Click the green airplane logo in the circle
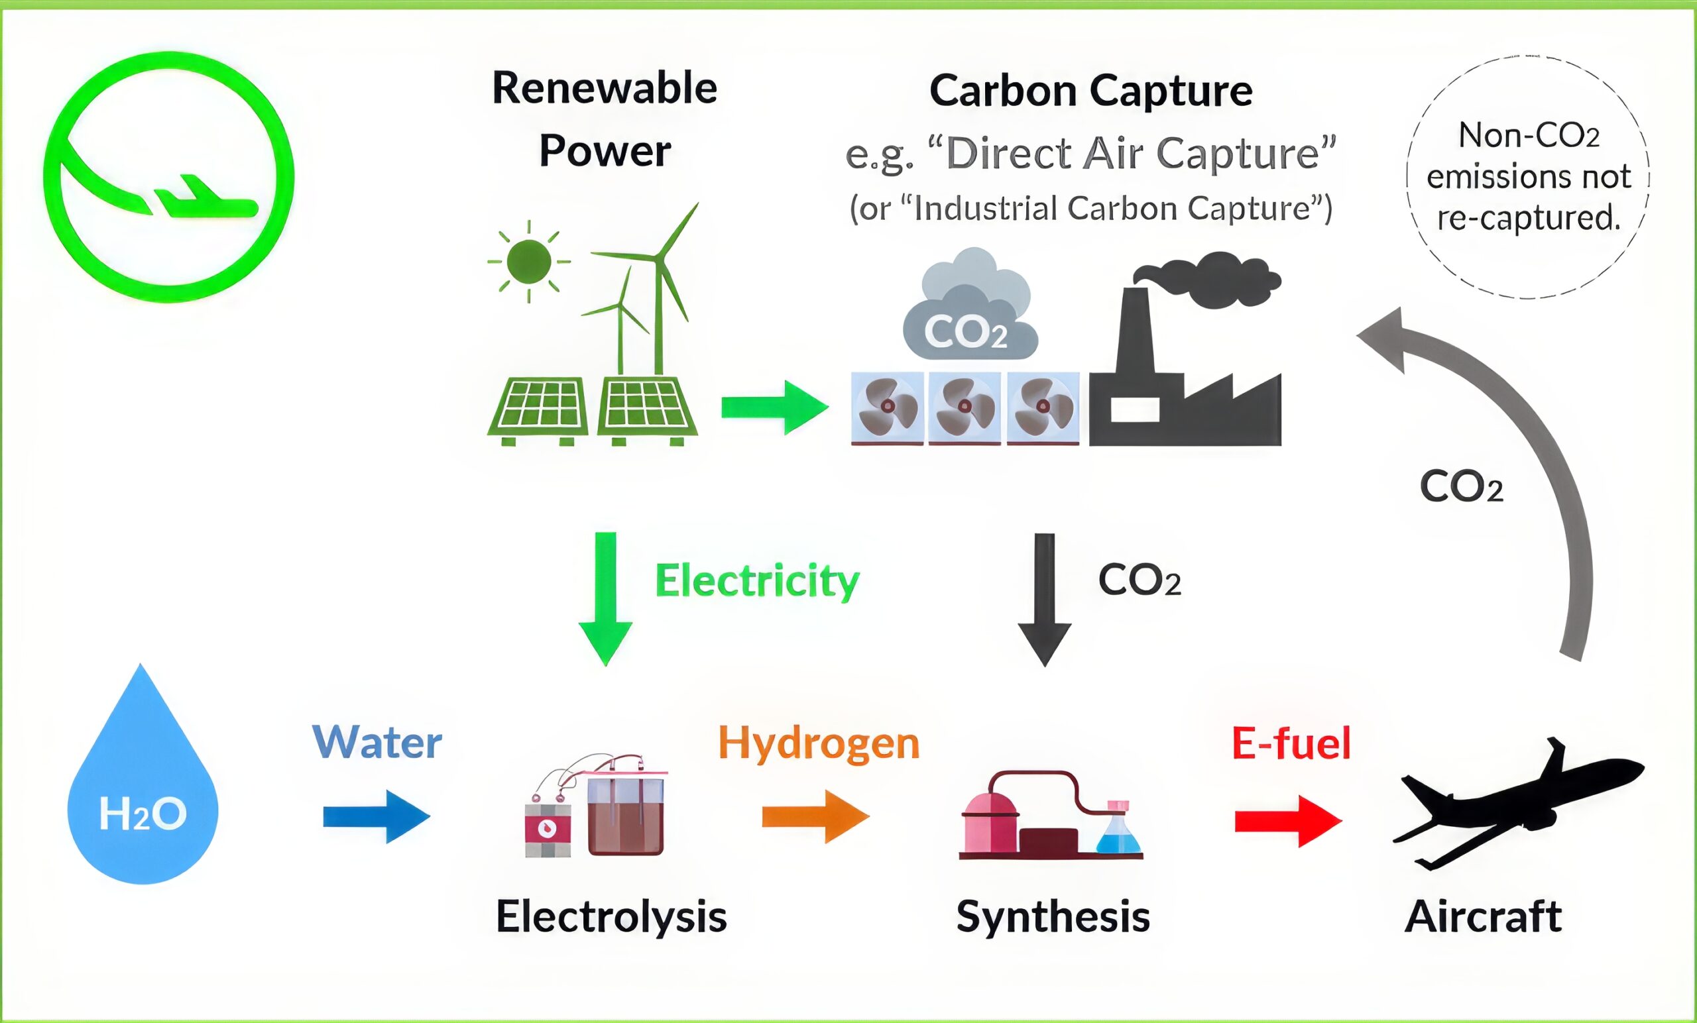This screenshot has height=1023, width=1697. tap(169, 177)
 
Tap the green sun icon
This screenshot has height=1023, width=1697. tap(528, 262)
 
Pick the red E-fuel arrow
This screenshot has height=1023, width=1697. tap(1287, 821)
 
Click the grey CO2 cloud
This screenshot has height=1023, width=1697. tap(968, 310)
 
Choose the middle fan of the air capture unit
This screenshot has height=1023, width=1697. tap(965, 407)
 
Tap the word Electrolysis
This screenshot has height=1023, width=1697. tap(611, 917)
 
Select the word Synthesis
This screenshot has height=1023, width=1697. tap(1053, 917)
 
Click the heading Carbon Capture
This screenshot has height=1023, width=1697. tap(1090, 91)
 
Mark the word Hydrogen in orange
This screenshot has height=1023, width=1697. tap(818, 743)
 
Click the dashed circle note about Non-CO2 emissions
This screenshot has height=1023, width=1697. tap(1527, 177)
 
